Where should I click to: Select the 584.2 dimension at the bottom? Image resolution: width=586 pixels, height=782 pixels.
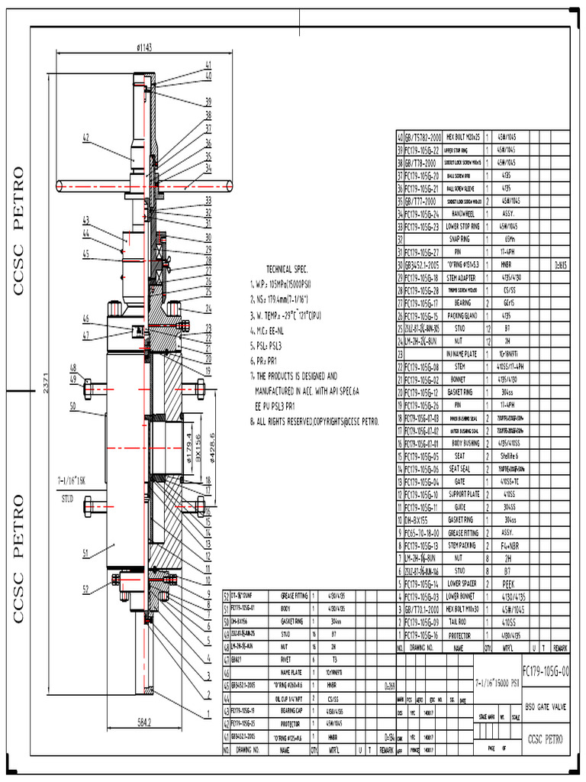(143, 722)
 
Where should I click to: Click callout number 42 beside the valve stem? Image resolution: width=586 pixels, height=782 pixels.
(86, 137)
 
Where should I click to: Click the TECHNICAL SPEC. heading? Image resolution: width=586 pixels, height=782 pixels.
(286, 270)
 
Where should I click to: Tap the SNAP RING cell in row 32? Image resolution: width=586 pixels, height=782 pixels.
(462, 238)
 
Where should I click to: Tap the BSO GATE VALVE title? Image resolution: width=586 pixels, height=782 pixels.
(545, 706)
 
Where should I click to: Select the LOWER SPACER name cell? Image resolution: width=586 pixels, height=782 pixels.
(462, 583)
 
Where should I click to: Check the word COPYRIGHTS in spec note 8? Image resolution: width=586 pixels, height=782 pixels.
(332, 421)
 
